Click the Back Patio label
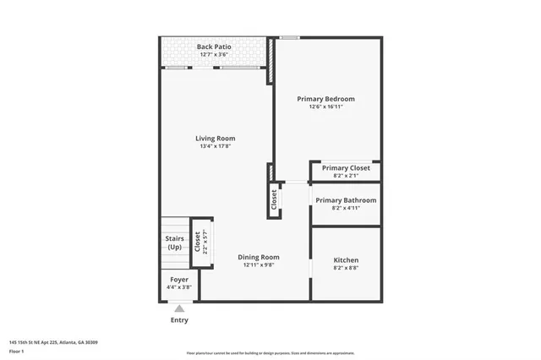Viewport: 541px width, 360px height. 214,46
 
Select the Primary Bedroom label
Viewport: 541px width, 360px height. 325,99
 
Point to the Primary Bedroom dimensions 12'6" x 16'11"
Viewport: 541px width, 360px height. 325,107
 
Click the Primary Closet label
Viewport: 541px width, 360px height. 346,168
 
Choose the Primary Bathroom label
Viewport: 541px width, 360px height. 346,200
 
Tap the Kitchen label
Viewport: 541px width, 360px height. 346,260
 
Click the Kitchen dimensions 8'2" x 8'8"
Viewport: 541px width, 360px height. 346,269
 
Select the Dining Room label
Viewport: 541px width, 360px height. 258,257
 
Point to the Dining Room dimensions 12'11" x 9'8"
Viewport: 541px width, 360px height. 258,265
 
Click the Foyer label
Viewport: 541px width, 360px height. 179,279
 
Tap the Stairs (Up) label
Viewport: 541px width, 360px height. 175,243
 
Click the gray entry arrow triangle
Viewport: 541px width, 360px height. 179,310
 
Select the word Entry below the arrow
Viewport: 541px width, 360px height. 179,320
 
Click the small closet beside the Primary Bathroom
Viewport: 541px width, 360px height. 274,199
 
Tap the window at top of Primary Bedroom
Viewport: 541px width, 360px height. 290,37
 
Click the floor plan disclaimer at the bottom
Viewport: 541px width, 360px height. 270,353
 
